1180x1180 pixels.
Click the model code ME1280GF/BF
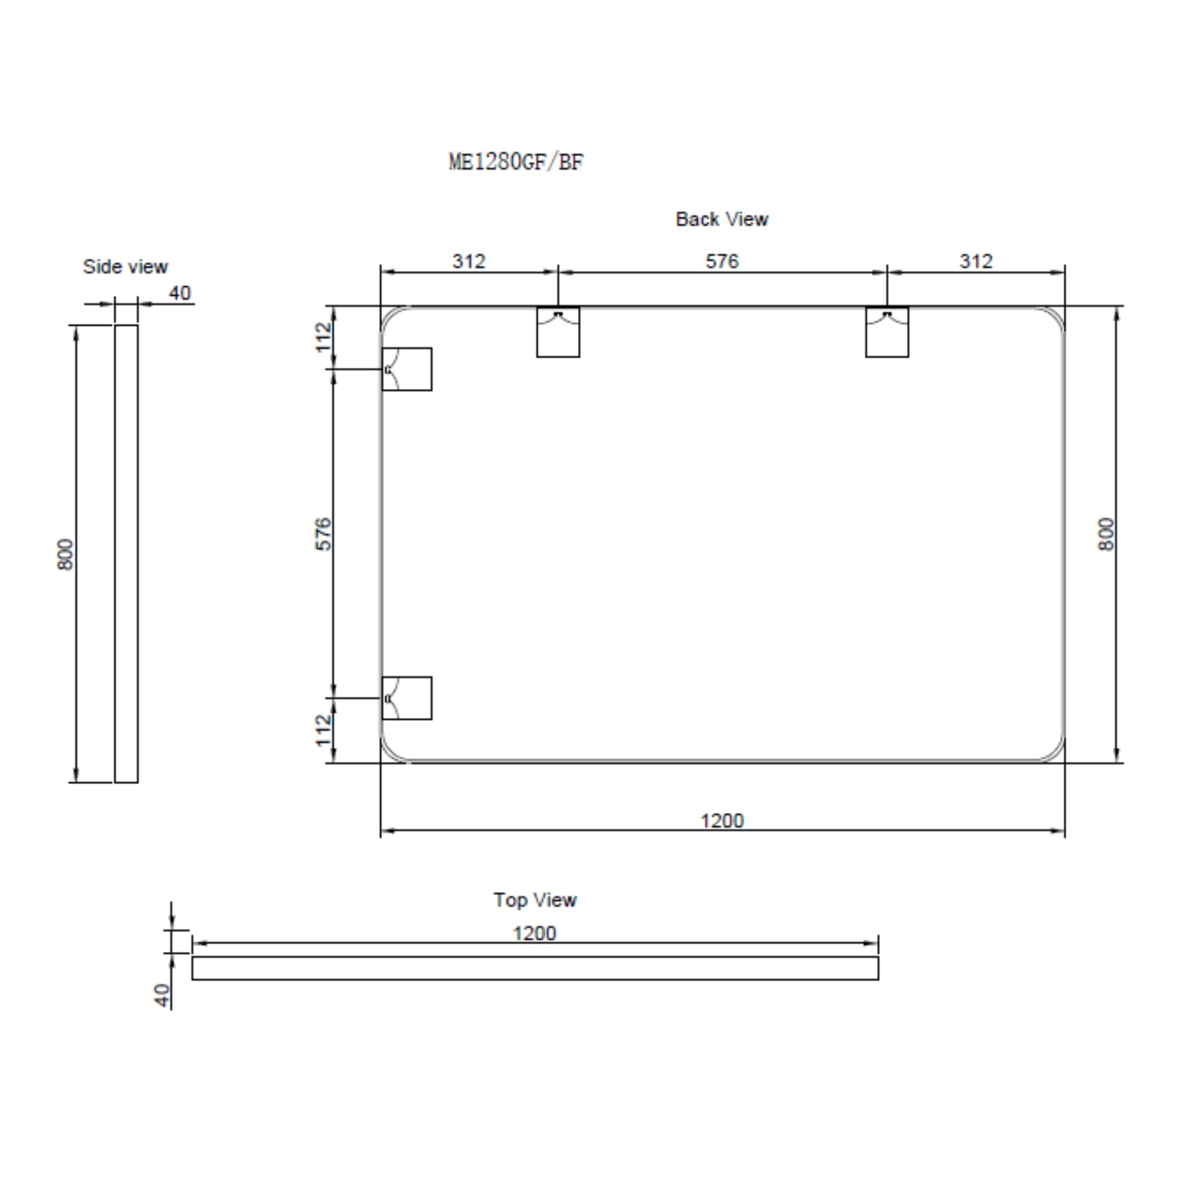[516, 162]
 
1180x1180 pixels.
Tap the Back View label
[721, 220]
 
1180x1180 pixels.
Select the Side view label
[125, 267]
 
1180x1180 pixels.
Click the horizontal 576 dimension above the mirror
[722, 262]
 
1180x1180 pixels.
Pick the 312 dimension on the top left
[468, 262]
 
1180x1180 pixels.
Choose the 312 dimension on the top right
[975, 262]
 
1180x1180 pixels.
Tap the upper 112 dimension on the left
[323, 336]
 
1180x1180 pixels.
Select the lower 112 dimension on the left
[323, 731]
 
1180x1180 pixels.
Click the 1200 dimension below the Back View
[722, 821]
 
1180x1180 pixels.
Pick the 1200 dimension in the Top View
[535, 934]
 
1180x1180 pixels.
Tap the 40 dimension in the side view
[180, 293]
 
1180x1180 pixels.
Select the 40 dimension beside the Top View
[162, 995]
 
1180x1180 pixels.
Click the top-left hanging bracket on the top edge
[558, 332]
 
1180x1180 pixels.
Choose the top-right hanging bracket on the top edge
[887, 332]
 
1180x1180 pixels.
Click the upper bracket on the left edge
[407, 369]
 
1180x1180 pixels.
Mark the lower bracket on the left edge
[407, 698]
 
